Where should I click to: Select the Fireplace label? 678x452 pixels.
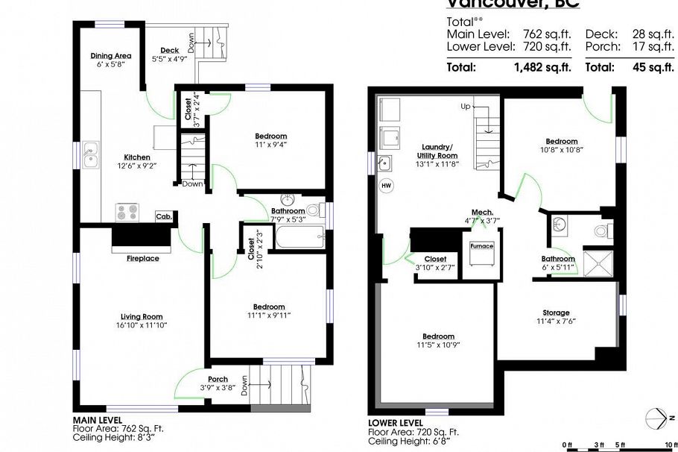click(142, 258)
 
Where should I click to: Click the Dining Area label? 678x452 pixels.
click(111, 56)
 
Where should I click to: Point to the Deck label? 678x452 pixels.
click(169, 51)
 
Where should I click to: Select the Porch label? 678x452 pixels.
click(218, 379)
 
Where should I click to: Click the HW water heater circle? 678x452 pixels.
click(386, 184)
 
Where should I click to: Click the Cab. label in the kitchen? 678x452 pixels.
click(163, 216)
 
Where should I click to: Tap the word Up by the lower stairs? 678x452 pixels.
click(466, 107)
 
